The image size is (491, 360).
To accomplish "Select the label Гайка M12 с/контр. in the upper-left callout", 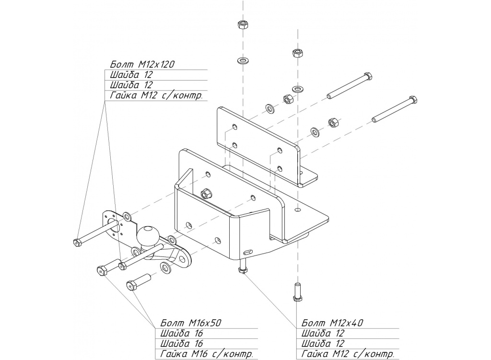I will [156, 95].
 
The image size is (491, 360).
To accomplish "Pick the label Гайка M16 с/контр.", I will [207, 354].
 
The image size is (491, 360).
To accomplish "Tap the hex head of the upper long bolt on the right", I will [368, 76].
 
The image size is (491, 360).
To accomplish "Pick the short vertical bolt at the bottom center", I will [297, 291].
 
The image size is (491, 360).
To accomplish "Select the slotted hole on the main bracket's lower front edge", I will [247, 251].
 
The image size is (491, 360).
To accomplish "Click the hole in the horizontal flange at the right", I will [299, 210].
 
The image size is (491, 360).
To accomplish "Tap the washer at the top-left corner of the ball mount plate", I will [127, 215].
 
